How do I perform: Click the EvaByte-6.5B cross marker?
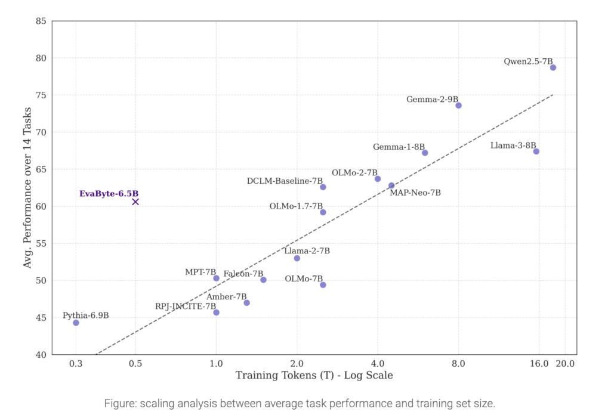point(135,202)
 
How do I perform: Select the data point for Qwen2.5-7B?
point(553,68)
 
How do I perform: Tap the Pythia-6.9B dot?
point(76,323)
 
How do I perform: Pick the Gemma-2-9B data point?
point(459,106)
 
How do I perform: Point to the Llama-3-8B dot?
point(536,151)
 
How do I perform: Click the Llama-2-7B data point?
point(297,258)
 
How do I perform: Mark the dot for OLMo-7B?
point(323,285)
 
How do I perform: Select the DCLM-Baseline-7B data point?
point(323,187)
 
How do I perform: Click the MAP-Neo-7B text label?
point(415,193)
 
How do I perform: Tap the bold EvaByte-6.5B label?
point(109,194)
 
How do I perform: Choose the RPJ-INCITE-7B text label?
point(186,306)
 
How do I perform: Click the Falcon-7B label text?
point(243,274)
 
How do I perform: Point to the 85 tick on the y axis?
point(41,21)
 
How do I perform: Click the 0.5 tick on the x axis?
point(135,364)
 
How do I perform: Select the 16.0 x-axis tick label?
point(539,364)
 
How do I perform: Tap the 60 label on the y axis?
point(41,206)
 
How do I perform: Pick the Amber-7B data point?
point(246,303)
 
